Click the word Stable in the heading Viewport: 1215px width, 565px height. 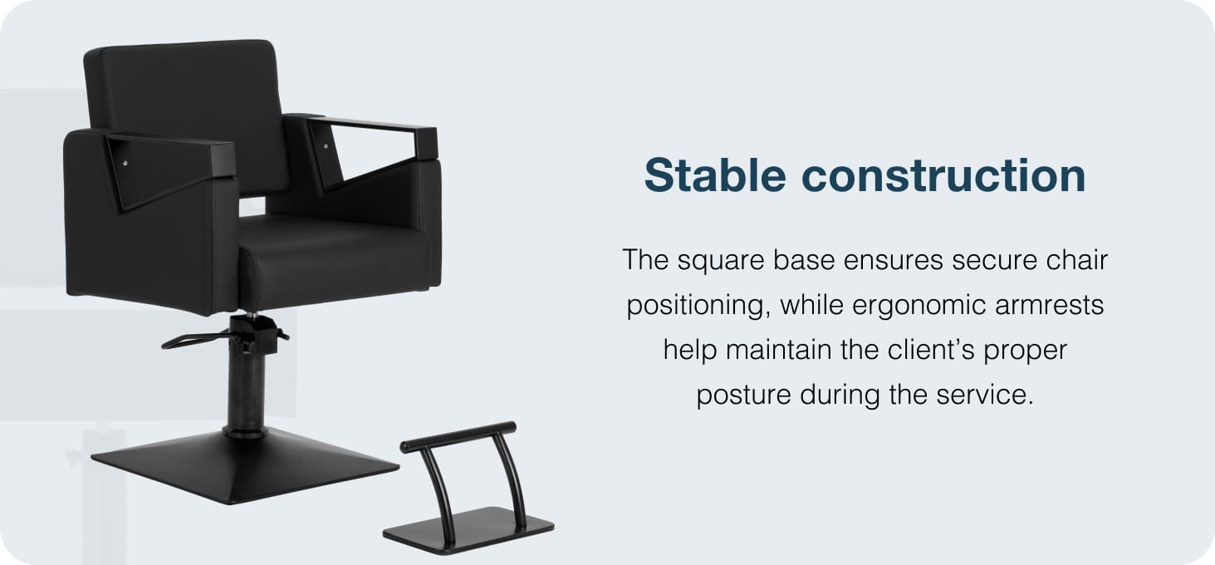point(715,174)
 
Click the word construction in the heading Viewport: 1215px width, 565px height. point(943,176)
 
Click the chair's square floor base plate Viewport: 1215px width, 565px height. point(245,465)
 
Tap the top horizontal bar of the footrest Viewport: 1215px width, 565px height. point(458,437)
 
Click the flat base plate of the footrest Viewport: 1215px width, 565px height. point(468,530)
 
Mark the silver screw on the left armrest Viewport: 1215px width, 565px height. point(126,164)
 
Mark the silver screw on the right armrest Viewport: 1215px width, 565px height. point(326,146)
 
